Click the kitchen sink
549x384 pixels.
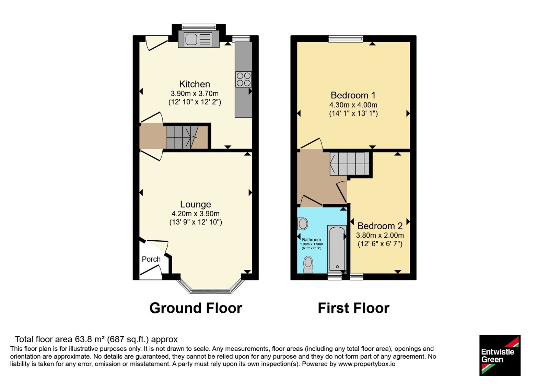[x=198, y=39]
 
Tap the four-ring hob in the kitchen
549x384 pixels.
[x=244, y=79]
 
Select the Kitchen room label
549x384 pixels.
[x=195, y=84]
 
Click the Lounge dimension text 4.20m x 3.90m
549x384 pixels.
[x=195, y=214]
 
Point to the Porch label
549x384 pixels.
[x=151, y=259]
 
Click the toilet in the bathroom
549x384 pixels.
[x=308, y=264]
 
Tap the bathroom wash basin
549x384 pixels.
[x=303, y=224]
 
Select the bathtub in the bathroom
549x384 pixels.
[x=337, y=249]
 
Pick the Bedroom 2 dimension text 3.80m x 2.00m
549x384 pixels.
[x=380, y=235]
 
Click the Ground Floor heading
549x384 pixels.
[x=196, y=308]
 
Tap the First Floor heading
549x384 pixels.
[x=353, y=308]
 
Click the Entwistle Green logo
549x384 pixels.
[x=500, y=355]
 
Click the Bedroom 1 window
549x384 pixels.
[x=346, y=39]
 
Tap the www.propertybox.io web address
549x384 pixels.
[x=367, y=364]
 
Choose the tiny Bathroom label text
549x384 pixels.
[x=311, y=240]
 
